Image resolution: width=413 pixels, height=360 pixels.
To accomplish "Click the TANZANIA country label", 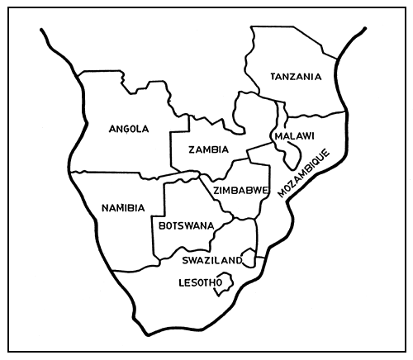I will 295,77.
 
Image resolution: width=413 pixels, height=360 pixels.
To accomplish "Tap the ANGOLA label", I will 128,128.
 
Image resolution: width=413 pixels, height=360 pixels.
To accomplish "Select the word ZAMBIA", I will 209,150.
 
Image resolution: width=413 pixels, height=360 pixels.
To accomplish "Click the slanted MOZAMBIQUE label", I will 304,174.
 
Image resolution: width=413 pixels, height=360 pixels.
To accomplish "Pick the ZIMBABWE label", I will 241,190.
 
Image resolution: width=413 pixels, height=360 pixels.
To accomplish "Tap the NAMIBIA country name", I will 122,207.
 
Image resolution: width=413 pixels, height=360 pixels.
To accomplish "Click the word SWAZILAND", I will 211,260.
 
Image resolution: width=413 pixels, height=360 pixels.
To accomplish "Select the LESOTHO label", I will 201,282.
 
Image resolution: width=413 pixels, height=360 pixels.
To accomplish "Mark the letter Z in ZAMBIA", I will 192,150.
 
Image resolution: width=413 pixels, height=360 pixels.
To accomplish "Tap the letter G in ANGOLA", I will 126,128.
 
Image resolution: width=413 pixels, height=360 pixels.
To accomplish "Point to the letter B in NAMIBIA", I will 131,207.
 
